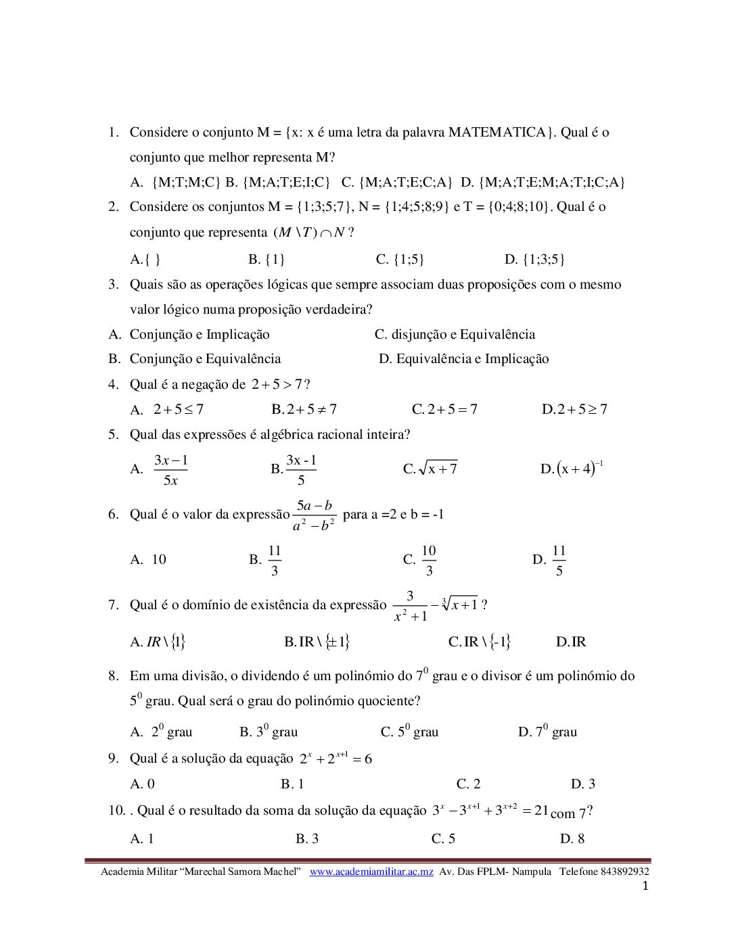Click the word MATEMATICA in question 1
497,133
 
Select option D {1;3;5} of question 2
534,260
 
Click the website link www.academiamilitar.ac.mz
371,872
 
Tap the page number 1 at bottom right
645,886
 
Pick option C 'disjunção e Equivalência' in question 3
455,335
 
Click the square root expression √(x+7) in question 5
438,469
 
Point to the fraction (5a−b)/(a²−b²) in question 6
315,515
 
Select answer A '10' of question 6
149,560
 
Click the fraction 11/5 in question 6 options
559,561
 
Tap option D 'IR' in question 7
571,642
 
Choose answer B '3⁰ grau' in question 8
269,732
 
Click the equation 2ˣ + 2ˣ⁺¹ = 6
336,759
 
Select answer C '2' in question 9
468,784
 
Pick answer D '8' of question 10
572,839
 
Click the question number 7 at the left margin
113,605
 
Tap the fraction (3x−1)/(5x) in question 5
170,470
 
